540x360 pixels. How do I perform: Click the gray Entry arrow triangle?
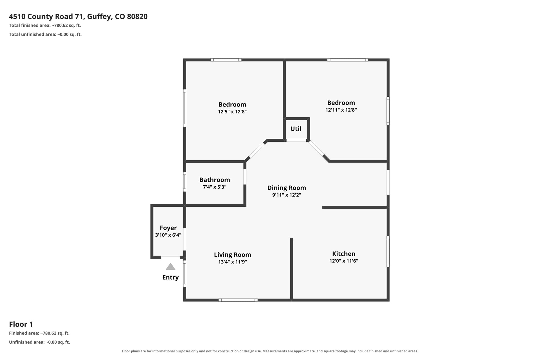(x=170, y=267)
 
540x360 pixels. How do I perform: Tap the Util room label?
(x=296, y=129)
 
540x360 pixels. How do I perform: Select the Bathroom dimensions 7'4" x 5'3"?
(x=215, y=187)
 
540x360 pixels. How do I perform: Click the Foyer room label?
(x=168, y=228)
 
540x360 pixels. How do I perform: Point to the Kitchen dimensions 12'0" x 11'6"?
(x=344, y=261)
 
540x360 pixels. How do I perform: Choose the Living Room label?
(x=233, y=255)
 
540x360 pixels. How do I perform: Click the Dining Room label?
(x=287, y=188)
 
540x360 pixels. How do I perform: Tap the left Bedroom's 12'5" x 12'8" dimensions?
(x=232, y=112)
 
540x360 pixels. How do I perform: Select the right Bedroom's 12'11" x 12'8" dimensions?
(x=341, y=110)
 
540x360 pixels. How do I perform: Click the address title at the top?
(x=78, y=17)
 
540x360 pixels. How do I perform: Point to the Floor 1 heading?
(x=21, y=324)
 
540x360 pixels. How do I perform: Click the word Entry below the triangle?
(x=170, y=278)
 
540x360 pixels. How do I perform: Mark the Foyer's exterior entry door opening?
(x=170, y=258)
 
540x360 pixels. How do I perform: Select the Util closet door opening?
(x=296, y=140)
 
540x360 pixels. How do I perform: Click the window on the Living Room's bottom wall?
(x=238, y=300)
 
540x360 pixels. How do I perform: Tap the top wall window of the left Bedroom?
(x=226, y=60)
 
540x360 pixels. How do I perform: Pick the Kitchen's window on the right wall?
(x=388, y=251)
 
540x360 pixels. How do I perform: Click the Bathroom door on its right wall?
(x=245, y=177)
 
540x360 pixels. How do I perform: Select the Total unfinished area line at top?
(x=45, y=35)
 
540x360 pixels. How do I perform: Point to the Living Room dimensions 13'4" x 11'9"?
(x=233, y=262)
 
